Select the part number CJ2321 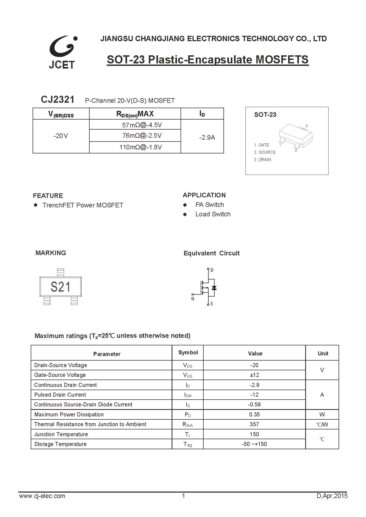click(x=58, y=100)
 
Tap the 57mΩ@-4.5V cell click(x=142, y=125)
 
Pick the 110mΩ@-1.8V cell click(x=140, y=147)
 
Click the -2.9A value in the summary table click(x=207, y=137)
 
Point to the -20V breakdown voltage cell click(x=61, y=136)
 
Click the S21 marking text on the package click(x=60, y=287)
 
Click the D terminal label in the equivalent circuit click(x=212, y=270)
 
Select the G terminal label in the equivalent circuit click(x=193, y=299)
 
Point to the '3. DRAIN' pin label click(x=262, y=160)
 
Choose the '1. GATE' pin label click(x=261, y=145)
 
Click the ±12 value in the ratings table click(x=254, y=375)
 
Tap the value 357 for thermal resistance click(x=254, y=424)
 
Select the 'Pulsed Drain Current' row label click(x=60, y=395)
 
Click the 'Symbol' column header click(x=188, y=352)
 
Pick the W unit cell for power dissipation click(x=322, y=415)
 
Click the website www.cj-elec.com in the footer click(x=42, y=496)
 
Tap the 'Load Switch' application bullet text click(x=213, y=214)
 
